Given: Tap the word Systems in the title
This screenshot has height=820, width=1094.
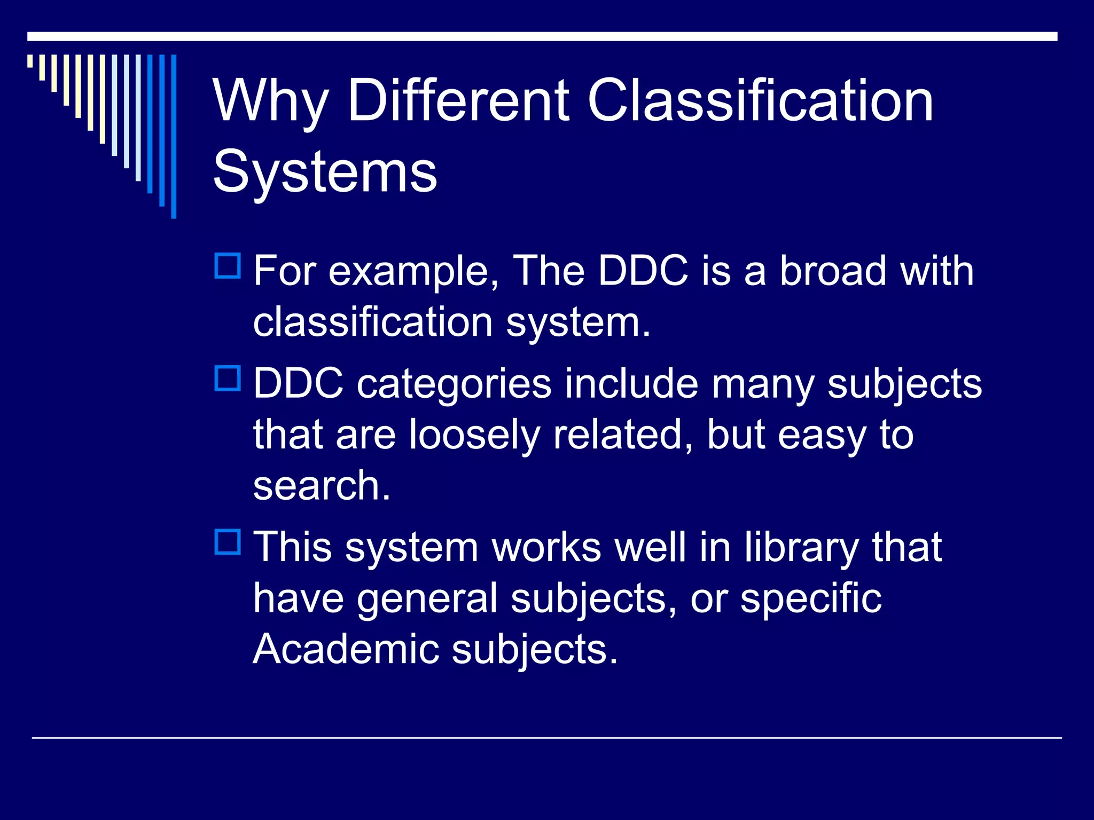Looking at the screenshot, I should pyautogui.click(x=325, y=172).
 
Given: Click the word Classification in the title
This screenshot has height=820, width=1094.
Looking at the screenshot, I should pyautogui.click(x=760, y=100).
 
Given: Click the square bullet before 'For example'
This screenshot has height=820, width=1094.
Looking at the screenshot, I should pyautogui.click(x=228, y=266).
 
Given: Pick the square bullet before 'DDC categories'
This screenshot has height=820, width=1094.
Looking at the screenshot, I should pyautogui.click(x=228, y=379).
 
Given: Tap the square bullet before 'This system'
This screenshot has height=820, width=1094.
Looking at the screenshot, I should pyautogui.click(x=228, y=542).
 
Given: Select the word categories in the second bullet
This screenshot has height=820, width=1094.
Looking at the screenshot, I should pyautogui.click(x=454, y=384).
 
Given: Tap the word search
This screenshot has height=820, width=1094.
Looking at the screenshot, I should pyautogui.click(x=321, y=486).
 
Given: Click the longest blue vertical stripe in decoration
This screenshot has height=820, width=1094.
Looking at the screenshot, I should pyautogui.click(x=174, y=136).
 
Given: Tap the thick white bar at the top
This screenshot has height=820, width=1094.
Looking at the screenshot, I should pyautogui.click(x=542, y=36).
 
